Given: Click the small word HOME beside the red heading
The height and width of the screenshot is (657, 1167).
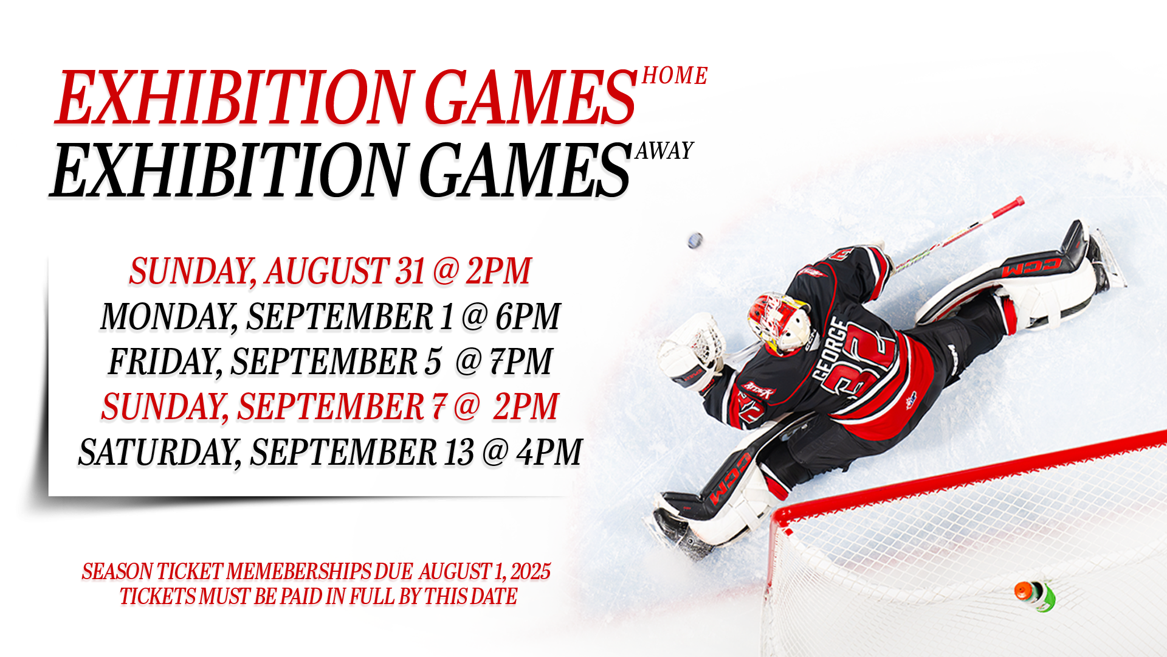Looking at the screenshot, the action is (675, 75).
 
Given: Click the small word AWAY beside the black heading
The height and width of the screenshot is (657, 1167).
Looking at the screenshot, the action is (664, 151).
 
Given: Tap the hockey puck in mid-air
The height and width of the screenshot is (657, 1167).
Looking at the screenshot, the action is (695, 241).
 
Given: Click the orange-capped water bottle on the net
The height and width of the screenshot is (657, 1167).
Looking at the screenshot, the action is (1034, 594).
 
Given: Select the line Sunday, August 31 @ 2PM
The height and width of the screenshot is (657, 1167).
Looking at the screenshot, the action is (330, 271).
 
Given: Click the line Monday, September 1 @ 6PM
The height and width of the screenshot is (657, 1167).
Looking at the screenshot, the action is (330, 316).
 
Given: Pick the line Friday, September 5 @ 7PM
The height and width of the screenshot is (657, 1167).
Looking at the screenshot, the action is (330, 361).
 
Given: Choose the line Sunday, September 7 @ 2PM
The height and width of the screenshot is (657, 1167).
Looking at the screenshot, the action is (330, 406).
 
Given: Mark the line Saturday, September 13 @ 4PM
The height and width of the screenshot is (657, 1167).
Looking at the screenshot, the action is (330, 452).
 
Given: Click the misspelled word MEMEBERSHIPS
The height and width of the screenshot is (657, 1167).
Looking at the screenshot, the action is (298, 572).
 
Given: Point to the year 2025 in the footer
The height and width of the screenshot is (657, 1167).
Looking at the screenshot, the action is (531, 572).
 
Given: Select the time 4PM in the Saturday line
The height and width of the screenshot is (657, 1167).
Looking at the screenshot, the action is (549, 452).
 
